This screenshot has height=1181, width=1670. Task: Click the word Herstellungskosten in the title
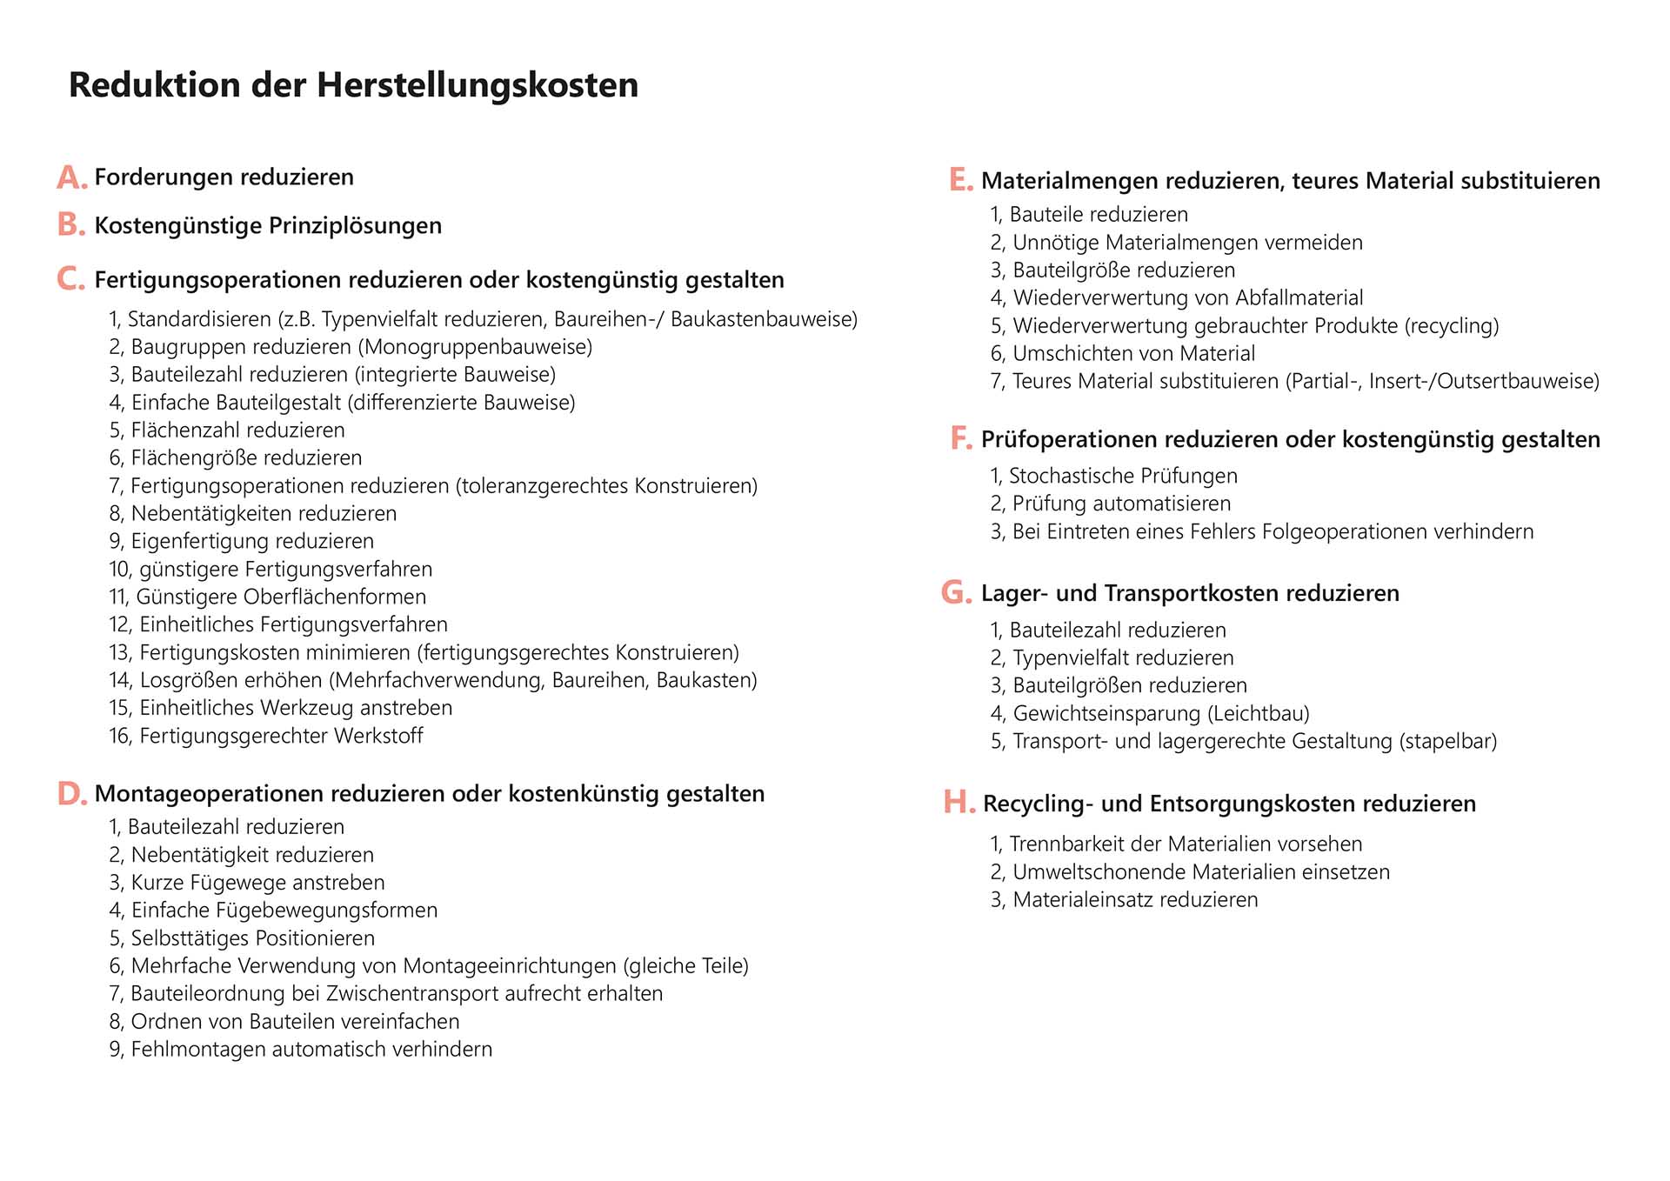click(477, 85)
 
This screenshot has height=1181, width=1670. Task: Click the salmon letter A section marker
click(71, 177)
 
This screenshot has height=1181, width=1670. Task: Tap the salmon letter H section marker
click(959, 802)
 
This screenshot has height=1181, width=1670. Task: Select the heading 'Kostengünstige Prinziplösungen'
click(268, 226)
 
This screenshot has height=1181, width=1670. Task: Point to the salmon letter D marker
click(71, 793)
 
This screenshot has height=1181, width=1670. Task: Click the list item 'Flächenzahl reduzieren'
click(237, 430)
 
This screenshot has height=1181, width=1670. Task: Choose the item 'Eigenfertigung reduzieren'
click(252, 542)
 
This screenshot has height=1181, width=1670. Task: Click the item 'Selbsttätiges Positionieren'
click(252, 938)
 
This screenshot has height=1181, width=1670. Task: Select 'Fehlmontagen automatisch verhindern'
click(311, 1050)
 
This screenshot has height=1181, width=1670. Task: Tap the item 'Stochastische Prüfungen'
click(1123, 477)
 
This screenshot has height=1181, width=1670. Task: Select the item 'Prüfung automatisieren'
click(1121, 504)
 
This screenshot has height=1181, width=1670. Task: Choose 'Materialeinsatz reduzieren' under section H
click(1135, 900)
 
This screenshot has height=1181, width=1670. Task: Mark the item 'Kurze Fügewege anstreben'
click(257, 883)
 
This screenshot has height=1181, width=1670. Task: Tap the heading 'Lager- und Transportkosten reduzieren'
click(1190, 593)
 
